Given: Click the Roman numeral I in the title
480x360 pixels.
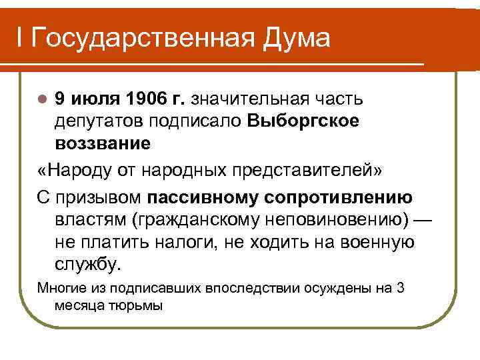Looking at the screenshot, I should (x=21, y=38).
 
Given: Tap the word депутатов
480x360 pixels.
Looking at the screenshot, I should (x=100, y=121).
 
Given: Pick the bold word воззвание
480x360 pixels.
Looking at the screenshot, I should (x=103, y=143).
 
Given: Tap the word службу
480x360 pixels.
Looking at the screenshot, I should (x=89, y=264).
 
